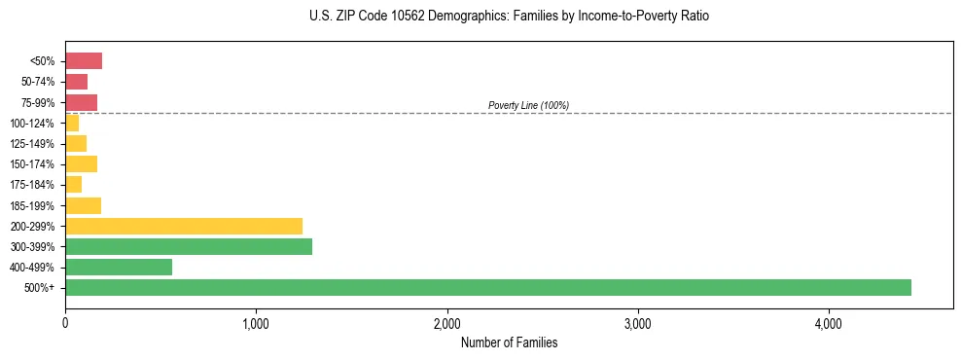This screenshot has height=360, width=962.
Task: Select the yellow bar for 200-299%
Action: click(x=184, y=226)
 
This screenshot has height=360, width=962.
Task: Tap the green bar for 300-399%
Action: click(x=189, y=246)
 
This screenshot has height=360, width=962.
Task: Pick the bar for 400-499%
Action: click(x=119, y=267)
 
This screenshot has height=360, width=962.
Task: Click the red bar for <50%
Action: click(x=84, y=61)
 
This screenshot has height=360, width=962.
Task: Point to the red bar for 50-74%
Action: click(x=77, y=82)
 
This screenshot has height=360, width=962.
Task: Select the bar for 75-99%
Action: click(x=82, y=102)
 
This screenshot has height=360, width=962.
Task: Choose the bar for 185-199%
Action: click(x=84, y=205)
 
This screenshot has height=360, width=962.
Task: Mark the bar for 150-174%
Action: click(x=82, y=163)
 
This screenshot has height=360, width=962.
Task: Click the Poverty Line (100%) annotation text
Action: click(x=528, y=105)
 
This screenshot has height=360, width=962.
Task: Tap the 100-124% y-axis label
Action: click(x=32, y=124)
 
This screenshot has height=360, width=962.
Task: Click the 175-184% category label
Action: click(x=32, y=185)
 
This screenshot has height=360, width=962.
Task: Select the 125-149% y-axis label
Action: click(x=32, y=144)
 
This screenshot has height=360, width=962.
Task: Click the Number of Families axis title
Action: click(x=509, y=342)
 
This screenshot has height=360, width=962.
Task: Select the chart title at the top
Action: click(x=509, y=17)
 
